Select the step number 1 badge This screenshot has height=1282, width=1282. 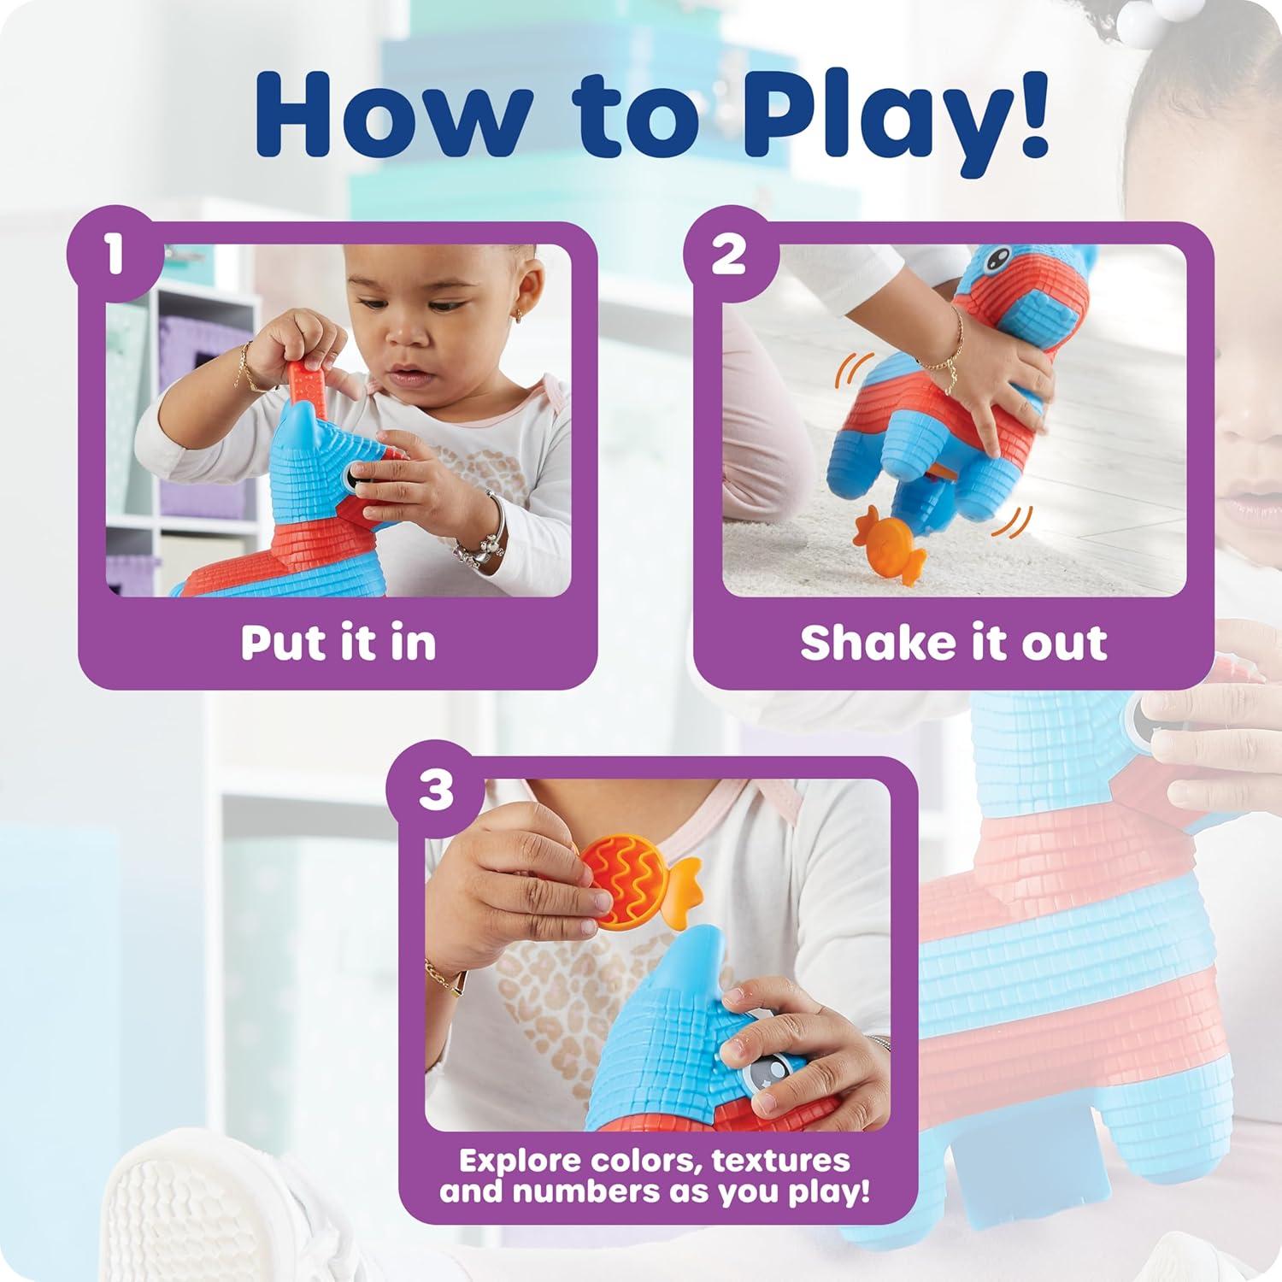coord(115,254)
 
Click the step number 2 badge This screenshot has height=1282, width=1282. coord(729,254)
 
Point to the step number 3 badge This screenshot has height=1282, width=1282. coord(435,789)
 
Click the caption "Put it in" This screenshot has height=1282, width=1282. coord(338,643)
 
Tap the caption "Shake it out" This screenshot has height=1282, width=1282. coord(953,643)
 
